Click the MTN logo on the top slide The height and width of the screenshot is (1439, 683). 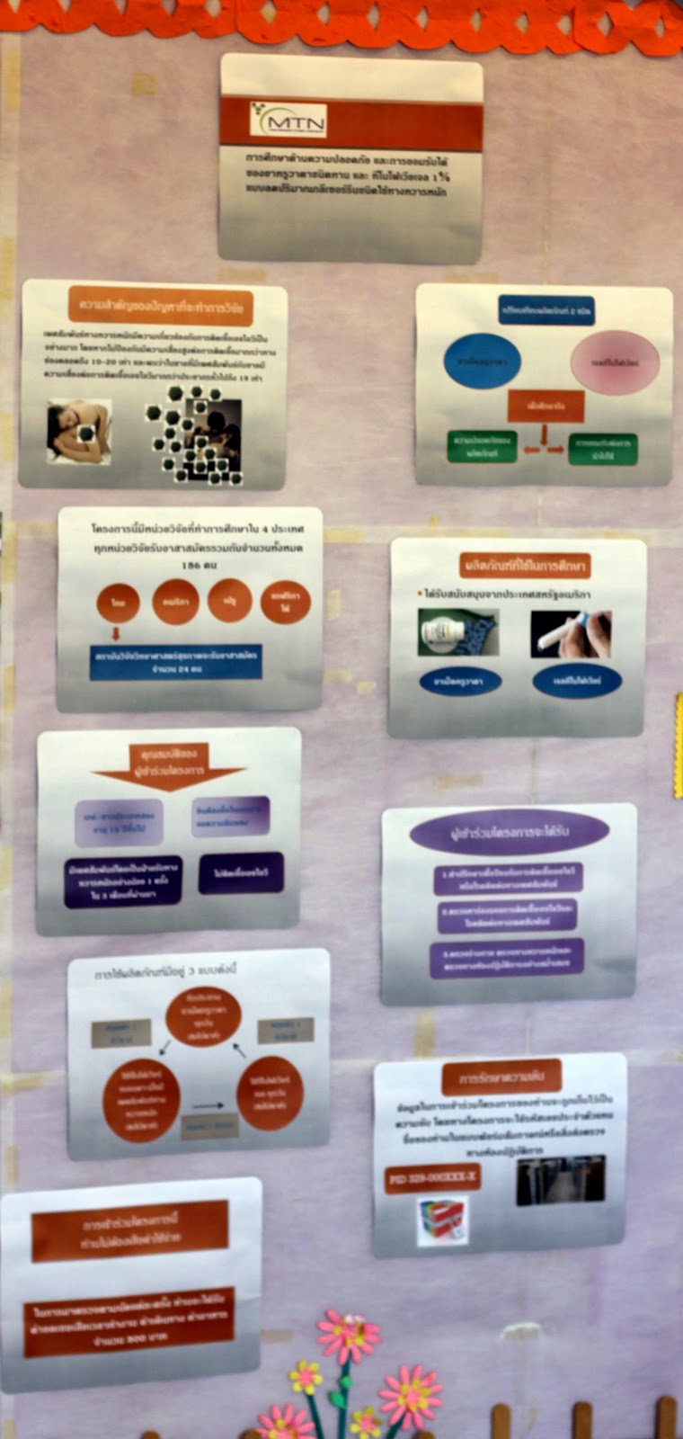(x=288, y=119)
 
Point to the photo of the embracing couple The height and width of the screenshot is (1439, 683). (x=79, y=429)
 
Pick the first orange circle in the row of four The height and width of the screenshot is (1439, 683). (x=118, y=603)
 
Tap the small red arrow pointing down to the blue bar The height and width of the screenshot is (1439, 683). (x=116, y=634)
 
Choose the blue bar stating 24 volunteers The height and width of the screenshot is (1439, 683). (x=175, y=662)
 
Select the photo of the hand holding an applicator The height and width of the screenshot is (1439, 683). (x=570, y=633)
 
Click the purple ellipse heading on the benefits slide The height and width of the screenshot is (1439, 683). (x=509, y=834)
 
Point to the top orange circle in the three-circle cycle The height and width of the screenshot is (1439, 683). (x=202, y=1015)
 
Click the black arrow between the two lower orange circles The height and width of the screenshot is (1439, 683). (x=208, y=1104)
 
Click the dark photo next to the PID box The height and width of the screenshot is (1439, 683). (x=560, y=1180)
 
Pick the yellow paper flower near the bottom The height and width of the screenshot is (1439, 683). (x=306, y=1376)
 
